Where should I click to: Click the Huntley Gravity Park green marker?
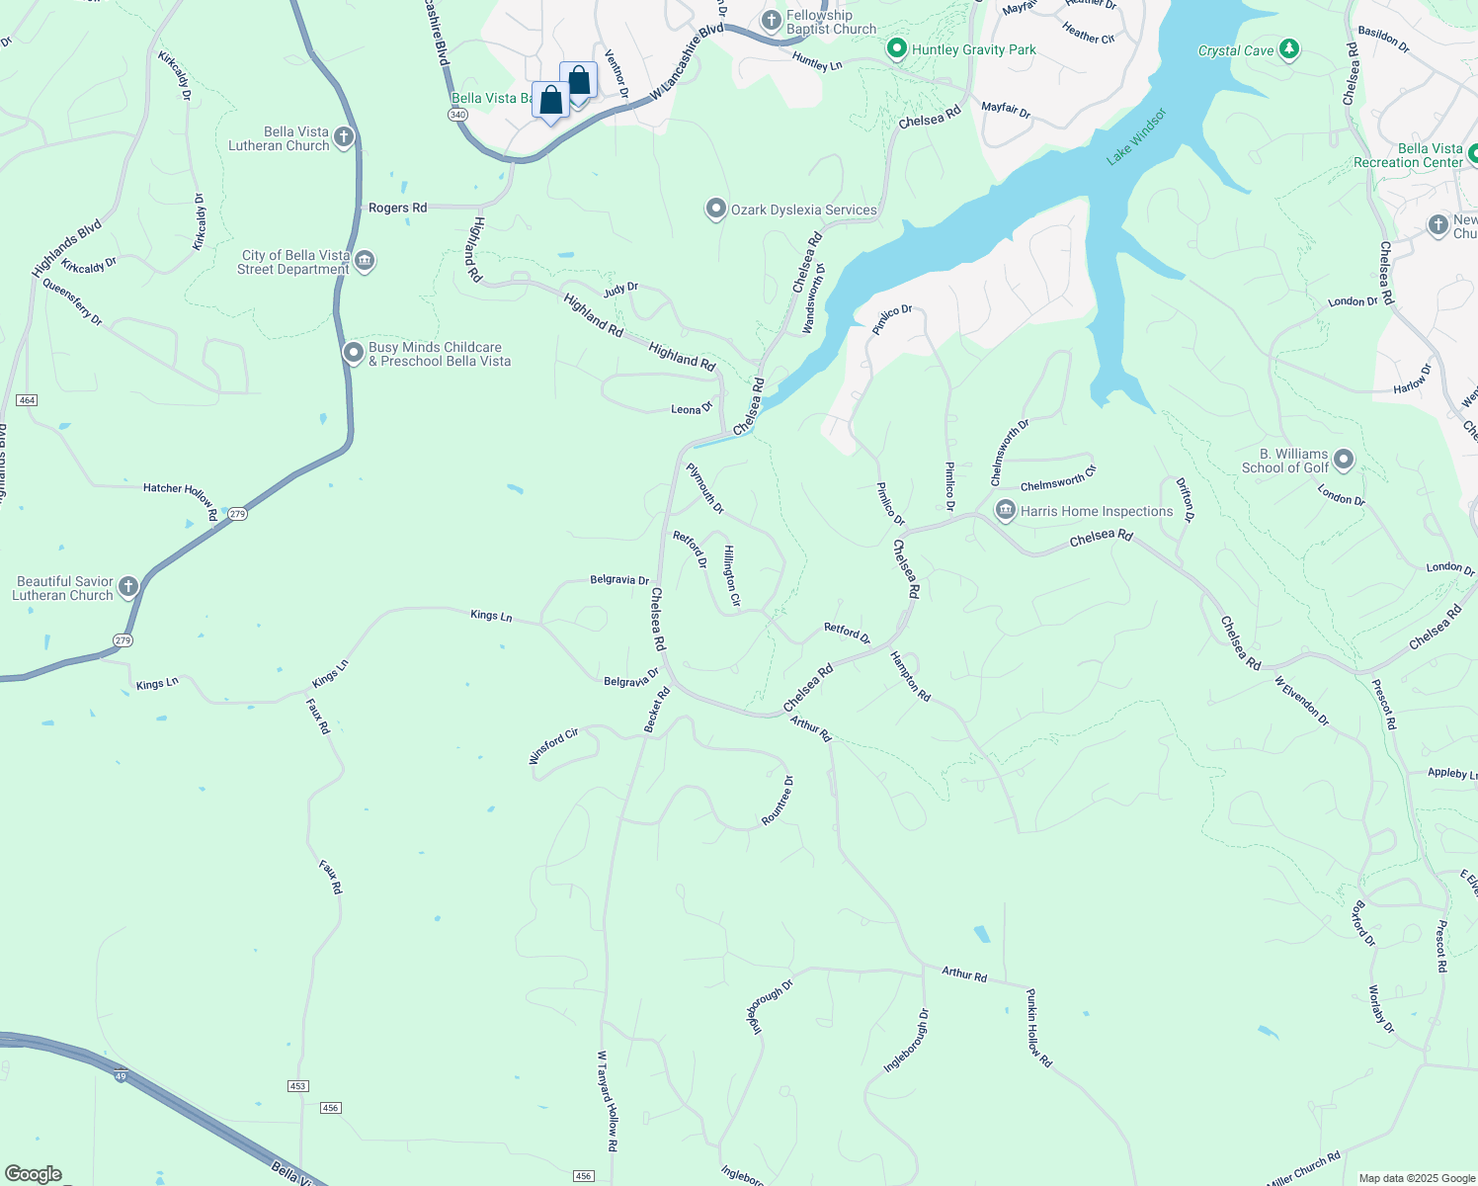coord(897,48)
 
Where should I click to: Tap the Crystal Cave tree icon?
coord(1288,49)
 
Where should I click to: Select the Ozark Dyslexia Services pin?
coord(716,210)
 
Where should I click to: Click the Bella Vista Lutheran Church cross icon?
coord(344,137)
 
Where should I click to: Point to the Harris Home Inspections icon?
coord(1006,511)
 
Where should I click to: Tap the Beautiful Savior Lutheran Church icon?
coord(128,588)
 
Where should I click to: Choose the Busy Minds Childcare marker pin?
coord(354,353)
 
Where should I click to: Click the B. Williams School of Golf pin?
coord(1344,460)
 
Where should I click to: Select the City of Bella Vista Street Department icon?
coord(365,261)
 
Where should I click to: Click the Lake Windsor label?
coord(1136,136)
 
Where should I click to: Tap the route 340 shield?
coord(457,115)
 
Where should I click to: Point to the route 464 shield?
coord(27,400)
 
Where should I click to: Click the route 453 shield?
coord(297,1086)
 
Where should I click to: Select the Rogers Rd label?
coord(397,208)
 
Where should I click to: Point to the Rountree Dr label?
coord(778,801)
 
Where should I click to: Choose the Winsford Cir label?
coord(553,746)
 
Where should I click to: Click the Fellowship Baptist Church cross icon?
coord(772,21)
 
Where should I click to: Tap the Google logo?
coord(34,1174)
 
